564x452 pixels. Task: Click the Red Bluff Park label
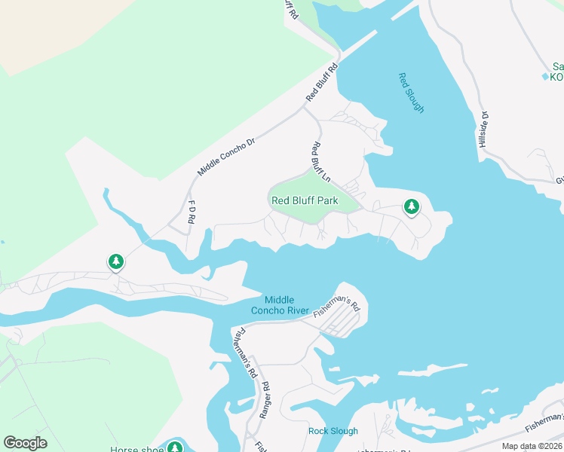pos(305,200)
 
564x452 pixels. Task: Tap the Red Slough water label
pos(411,93)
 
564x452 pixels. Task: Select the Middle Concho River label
pos(279,305)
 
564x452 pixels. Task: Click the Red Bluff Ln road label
pos(321,163)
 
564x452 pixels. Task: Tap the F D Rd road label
pos(192,211)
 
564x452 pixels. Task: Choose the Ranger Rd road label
pos(265,399)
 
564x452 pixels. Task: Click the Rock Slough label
pos(333,431)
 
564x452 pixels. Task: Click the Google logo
pos(25,443)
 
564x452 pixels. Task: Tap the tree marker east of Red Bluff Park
pos(411,205)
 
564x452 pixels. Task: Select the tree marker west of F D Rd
pos(115,261)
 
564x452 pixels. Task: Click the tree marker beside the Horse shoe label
pos(176,447)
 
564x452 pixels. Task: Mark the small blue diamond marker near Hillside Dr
pos(545,77)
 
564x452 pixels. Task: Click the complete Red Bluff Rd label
pos(323,82)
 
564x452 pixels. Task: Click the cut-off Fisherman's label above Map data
pos(544,423)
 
